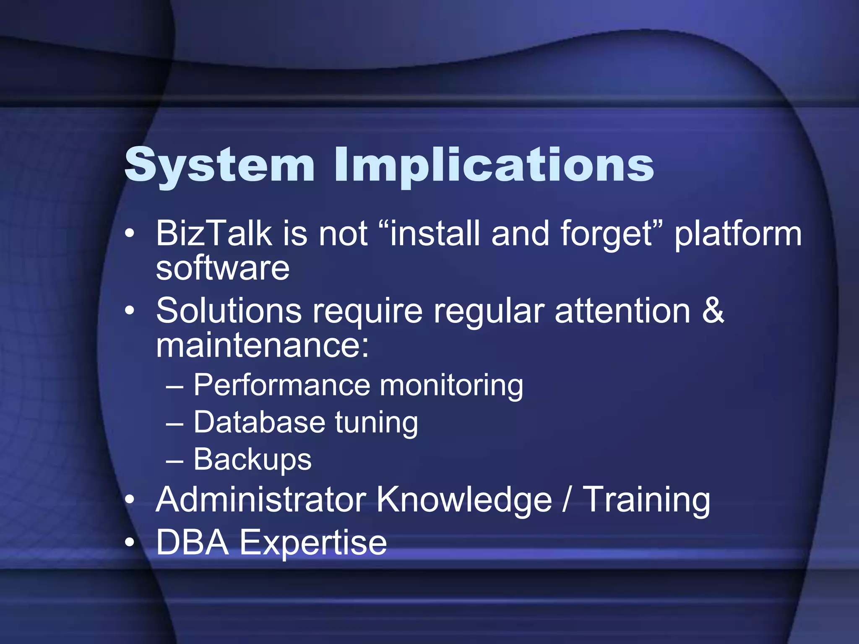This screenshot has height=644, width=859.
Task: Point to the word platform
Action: click(x=738, y=234)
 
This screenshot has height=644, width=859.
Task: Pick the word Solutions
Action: click(x=229, y=311)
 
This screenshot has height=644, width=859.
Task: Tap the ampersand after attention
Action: click(x=713, y=311)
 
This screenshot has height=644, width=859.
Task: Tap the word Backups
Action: click(x=252, y=460)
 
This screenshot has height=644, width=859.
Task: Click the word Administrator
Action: click(x=260, y=499)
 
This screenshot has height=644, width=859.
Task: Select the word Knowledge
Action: click(x=464, y=500)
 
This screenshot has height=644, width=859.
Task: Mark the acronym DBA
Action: click(x=192, y=543)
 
